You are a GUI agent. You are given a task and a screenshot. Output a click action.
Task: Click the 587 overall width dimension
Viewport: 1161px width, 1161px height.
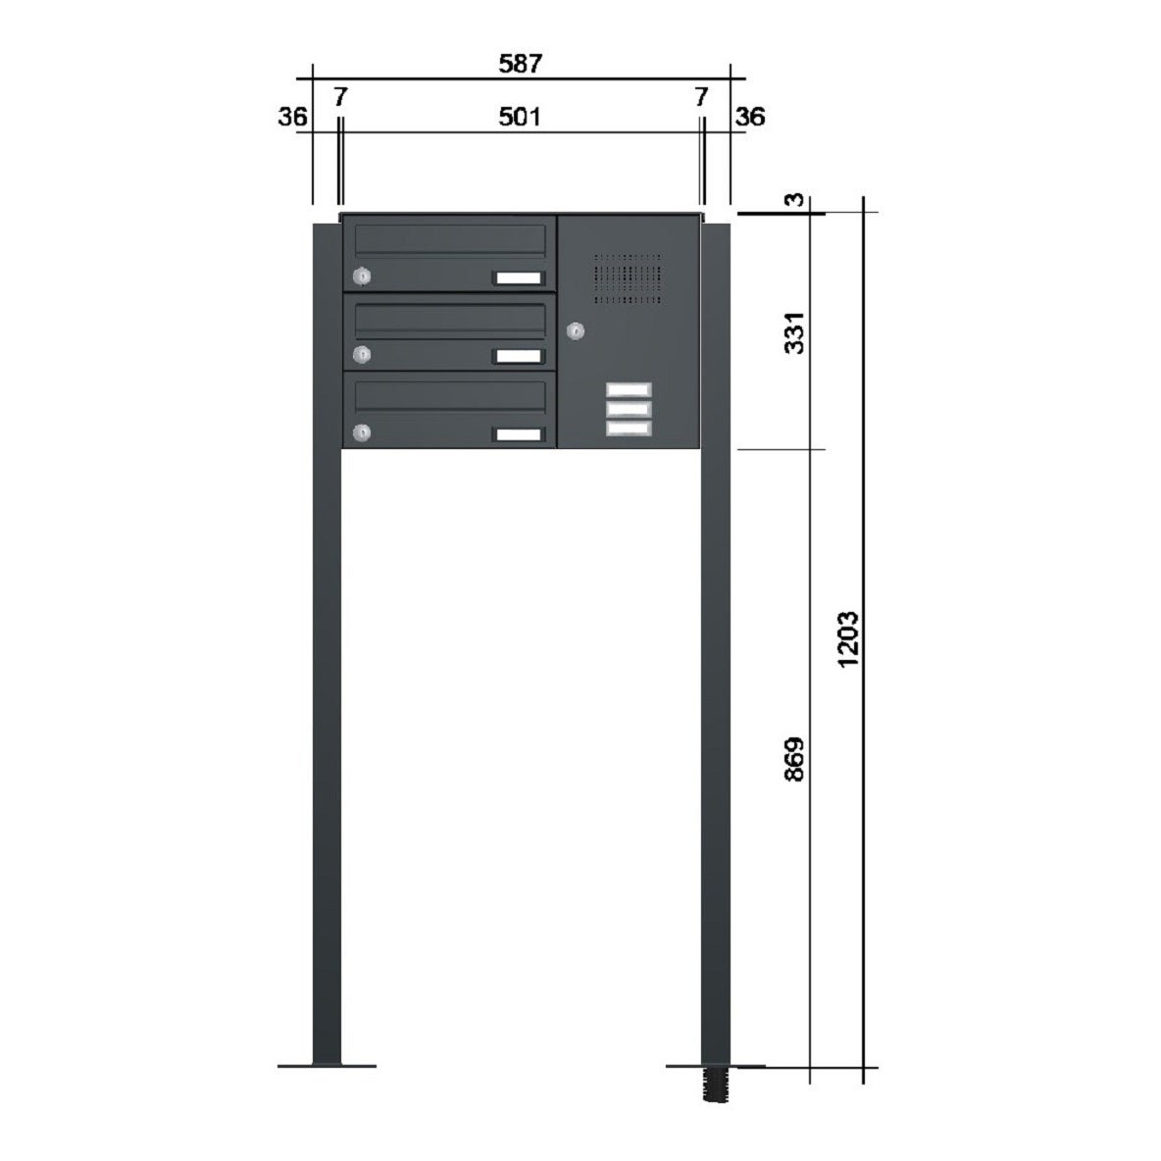click(x=521, y=64)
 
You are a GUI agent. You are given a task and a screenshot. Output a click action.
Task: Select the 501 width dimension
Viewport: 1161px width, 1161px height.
click(x=519, y=117)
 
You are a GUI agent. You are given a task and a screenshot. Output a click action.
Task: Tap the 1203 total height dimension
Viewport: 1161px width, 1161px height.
click(x=848, y=639)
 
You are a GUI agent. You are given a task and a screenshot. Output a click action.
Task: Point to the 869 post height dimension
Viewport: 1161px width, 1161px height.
click(x=793, y=759)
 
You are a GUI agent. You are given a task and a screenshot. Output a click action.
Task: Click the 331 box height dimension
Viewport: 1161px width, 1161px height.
click(x=793, y=333)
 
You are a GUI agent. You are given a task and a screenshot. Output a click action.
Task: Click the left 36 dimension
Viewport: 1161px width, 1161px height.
click(x=292, y=117)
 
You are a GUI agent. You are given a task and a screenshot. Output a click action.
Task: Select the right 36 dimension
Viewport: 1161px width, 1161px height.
click(x=750, y=117)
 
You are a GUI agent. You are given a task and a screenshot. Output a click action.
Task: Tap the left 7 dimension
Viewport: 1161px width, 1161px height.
click(x=340, y=96)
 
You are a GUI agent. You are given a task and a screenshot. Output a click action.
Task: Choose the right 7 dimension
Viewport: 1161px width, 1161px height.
click(x=701, y=96)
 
